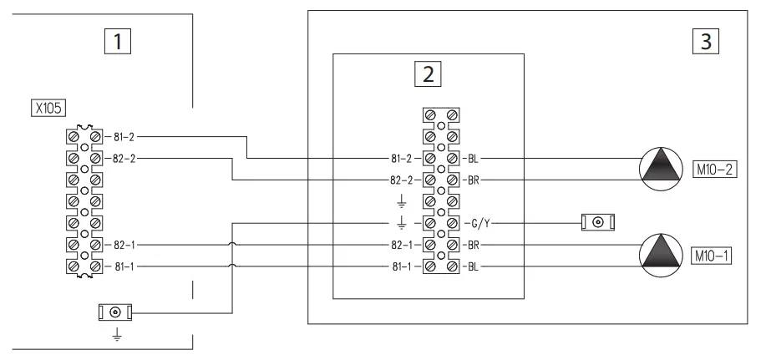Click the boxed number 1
click(x=123, y=41)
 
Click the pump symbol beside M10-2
click(x=661, y=165)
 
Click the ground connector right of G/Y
click(x=598, y=223)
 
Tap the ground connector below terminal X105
click(x=115, y=312)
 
